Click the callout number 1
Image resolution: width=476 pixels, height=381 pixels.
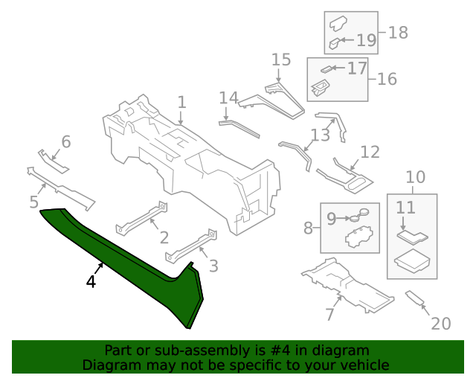point(181,102)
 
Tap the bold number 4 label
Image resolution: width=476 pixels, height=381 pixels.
point(91,282)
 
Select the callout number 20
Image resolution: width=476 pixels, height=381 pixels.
point(441,324)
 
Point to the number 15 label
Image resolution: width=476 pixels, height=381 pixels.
point(280,60)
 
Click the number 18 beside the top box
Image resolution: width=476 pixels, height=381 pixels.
point(398,33)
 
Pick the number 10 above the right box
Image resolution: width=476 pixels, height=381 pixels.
point(416,177)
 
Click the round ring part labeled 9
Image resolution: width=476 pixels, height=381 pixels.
point(362,217)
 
